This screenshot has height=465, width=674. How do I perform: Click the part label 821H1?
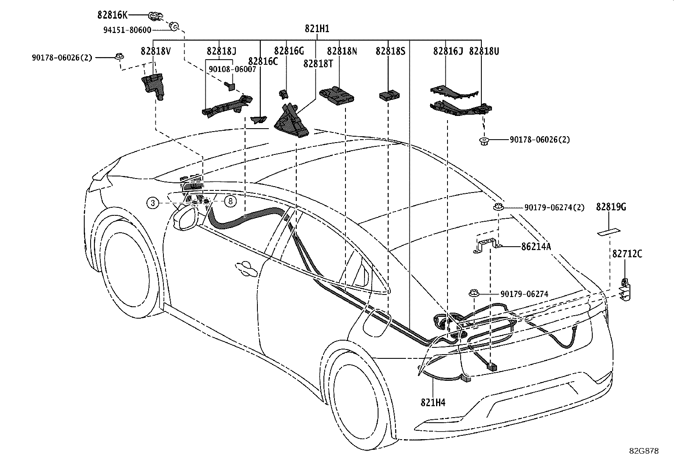point(317,29)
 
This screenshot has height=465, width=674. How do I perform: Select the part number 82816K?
point(113,15)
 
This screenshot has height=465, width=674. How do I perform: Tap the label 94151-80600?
point(127,30)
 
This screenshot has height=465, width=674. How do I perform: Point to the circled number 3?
point(153,203)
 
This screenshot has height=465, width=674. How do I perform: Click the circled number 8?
point(230,201)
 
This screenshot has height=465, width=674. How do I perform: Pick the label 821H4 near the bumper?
point(433,402)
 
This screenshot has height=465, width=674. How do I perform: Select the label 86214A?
point(536,247)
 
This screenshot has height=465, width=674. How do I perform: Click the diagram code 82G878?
point(644,451)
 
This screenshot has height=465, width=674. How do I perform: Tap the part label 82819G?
point(611,207)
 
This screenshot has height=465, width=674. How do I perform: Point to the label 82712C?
point(627,254)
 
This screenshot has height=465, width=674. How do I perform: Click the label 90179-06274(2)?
point(554,207)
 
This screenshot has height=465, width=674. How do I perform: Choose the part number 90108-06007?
point(232,69)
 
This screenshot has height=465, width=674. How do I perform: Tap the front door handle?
point(246,269)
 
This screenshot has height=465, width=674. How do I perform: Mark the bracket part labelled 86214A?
point(486,244)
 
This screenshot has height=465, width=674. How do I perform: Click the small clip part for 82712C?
point(625,290)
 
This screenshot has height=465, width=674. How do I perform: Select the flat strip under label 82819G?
point(609,232)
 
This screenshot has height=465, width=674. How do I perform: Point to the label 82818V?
point(155,52)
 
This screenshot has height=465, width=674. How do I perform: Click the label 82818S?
point(391,52)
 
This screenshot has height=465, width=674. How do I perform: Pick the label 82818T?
point(318,64)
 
